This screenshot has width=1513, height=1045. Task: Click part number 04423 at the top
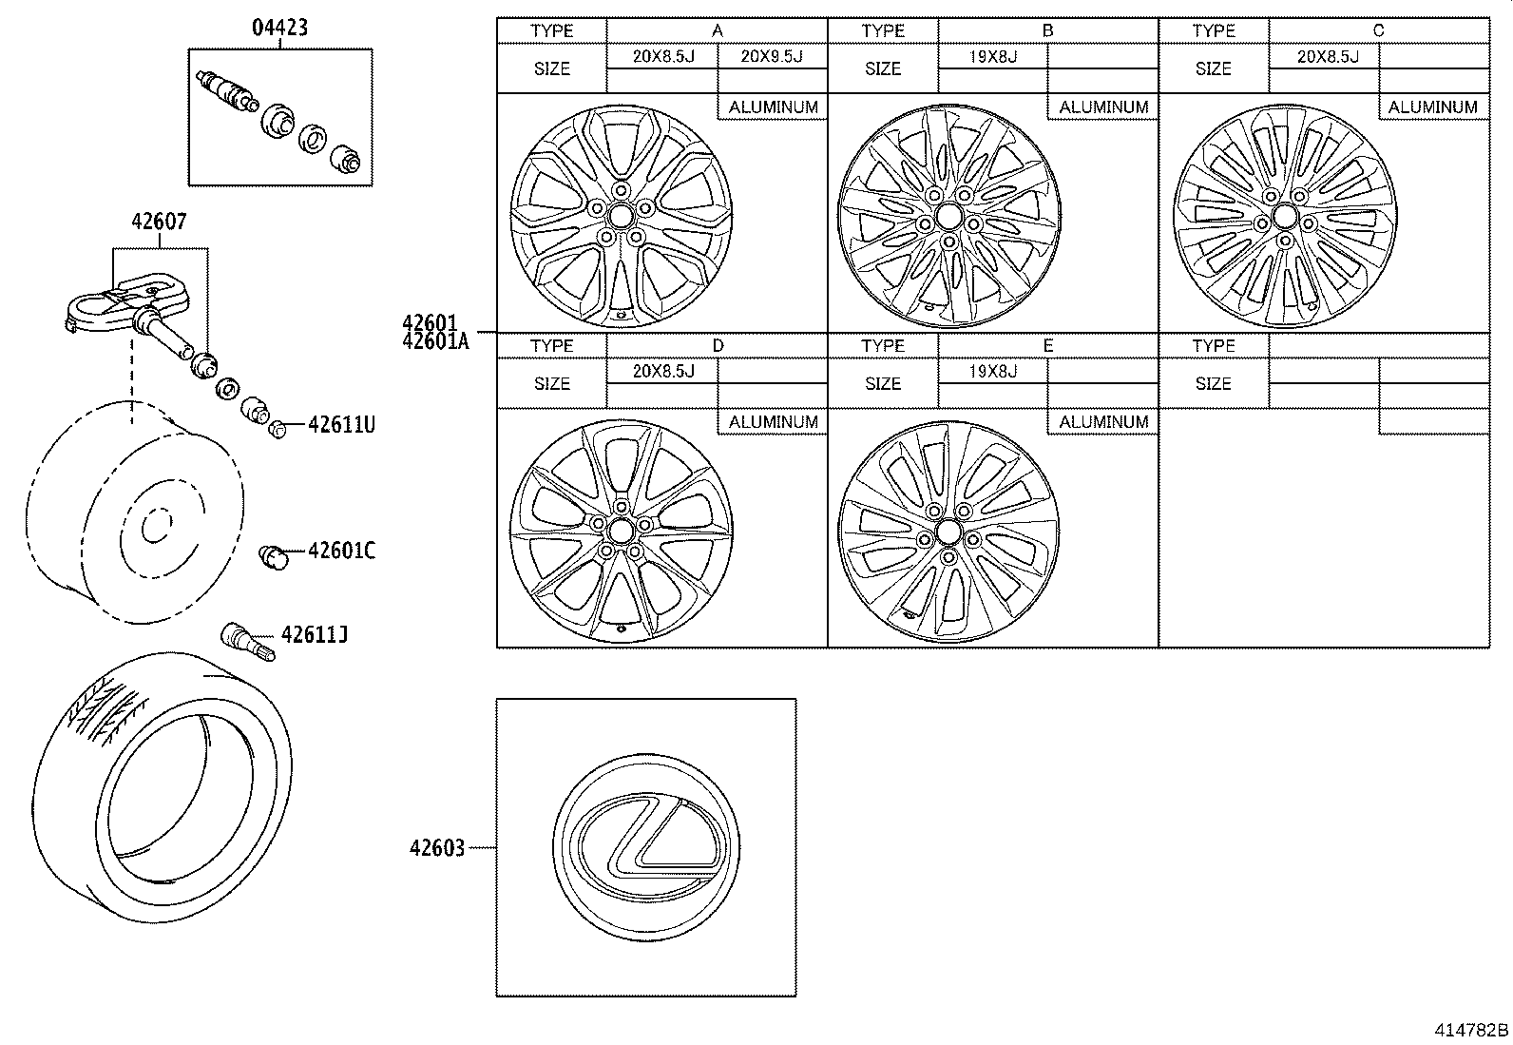click(279, 28)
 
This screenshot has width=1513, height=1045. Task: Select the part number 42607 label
click(159, 222)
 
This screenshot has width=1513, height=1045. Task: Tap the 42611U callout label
click(341, 425)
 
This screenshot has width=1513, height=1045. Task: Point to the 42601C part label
click(341, 551)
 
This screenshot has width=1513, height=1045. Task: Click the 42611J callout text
click(314, 634)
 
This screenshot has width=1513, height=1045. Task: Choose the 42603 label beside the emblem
click(437, 847)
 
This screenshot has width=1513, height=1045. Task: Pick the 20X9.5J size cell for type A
click(771, 56)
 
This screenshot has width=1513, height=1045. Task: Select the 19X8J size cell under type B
click(992, 56)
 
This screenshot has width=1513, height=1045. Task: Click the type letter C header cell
click(1378, 30)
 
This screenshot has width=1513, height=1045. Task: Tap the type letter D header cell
click(718, 345)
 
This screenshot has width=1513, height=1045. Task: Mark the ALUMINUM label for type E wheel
click(1103, 421)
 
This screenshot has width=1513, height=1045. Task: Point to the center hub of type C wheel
click(1284, 217)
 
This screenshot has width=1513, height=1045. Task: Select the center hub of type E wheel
click(948, 530)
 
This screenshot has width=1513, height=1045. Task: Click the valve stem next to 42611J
click(246, 638)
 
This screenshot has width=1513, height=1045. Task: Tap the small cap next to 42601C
click(274, 556)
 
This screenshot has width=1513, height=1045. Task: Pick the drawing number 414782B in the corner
click(1471, 1030)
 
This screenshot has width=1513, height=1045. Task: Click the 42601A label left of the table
click(435, 341)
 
